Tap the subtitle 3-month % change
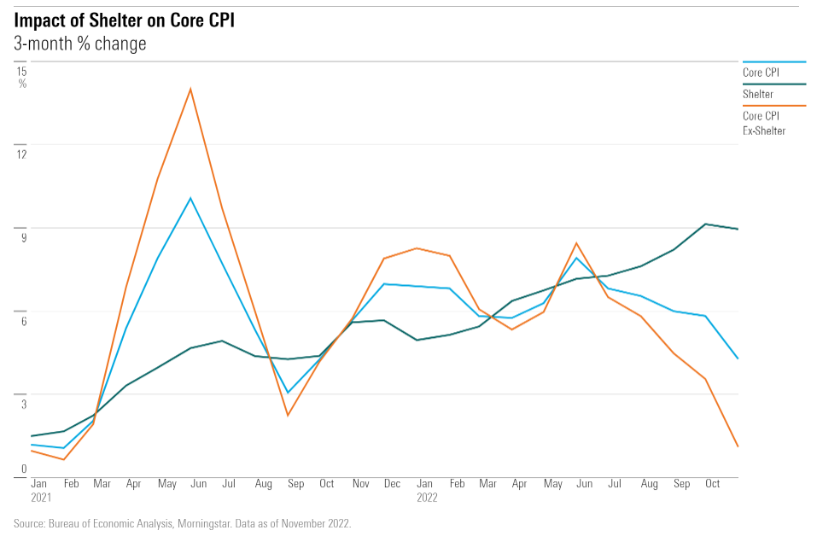pyautogui.click(x=79, y=44)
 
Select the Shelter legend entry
pyautogui.click(x=758, y=94)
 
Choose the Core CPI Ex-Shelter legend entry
pyautogui.click(x=763, y=124)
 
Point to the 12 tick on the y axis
pyautogui.click(x=22, y=154)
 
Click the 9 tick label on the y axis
pyautogui.click(x=24, y=237)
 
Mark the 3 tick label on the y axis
pyautogui.click(x=24, y=404)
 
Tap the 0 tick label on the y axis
pyautogui.click(x=24, y=469)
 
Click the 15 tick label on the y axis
pyautogui.click(x=22, y=71)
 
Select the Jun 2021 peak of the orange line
pyautogui.click(x=190, y=89)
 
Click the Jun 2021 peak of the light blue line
pyautogui.click(x=190, y=198)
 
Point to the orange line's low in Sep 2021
pyautogui.click(x=287, y=416)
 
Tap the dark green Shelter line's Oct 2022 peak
pyautogui.click(x=705, y=224)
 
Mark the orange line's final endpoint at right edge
pyautogui.click(x=738, y=446)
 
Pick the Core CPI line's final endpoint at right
pyautogui.click(x=738, y=358)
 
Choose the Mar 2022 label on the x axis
pyautogui.click(x=487, y=484)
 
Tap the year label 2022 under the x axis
pyautogui.click(x=427, y=497)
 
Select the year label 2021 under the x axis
pyautogui.click(x=41, y=497)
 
